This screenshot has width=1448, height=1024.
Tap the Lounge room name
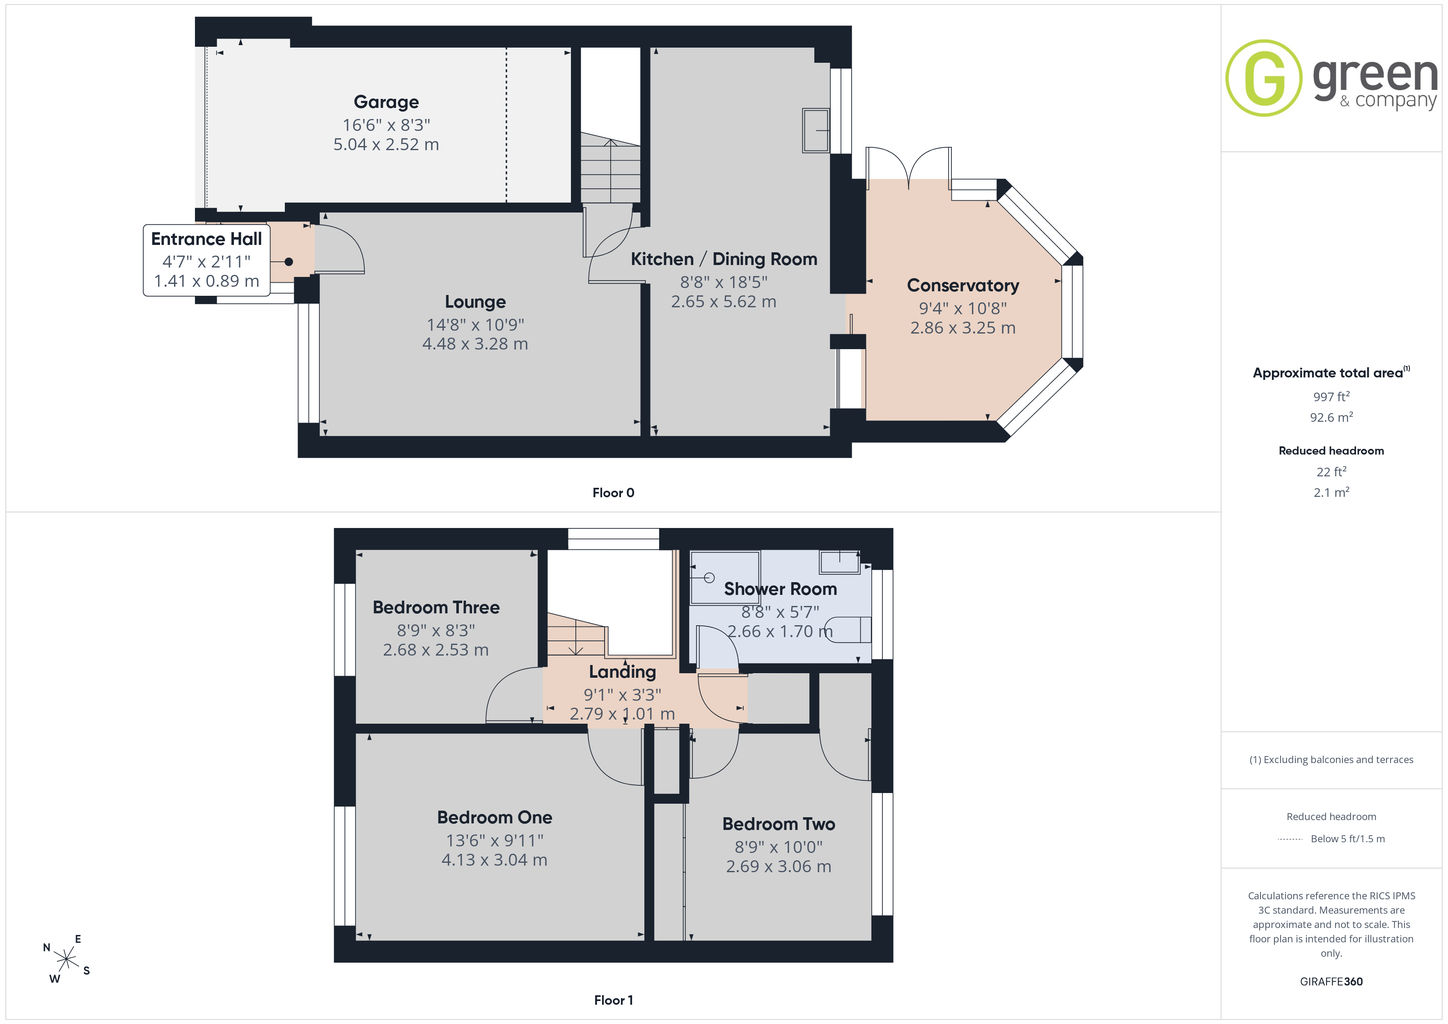(x=475, y=302)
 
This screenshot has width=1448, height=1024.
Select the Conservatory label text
(x=962, y=285)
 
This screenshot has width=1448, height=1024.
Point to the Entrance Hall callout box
(x=207, y=260)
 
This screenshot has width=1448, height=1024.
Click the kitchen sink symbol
(x=816, y=130)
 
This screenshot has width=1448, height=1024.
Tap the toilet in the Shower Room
(x=848, y=629)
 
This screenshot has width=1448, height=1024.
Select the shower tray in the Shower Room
(x=725, y=578)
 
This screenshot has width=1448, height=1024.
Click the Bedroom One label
(x=495, y=817)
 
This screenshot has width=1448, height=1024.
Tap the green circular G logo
(x=1263, y=78)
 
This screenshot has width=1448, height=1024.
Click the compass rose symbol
(x=66, y=959)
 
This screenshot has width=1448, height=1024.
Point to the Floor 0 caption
(x=613, y=492)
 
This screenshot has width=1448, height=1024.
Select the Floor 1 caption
(x=613, y=1000)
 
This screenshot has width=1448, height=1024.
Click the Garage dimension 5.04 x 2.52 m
(x=386, y=144)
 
